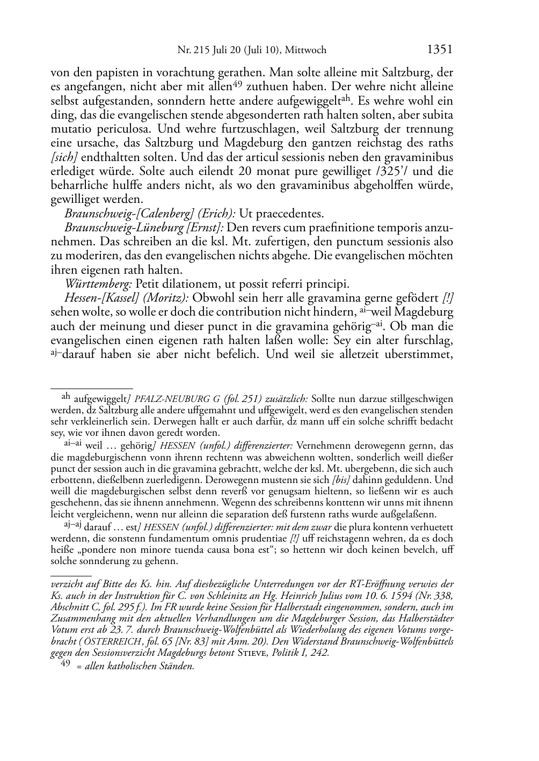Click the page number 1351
[440, 50]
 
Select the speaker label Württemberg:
[98, 284]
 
